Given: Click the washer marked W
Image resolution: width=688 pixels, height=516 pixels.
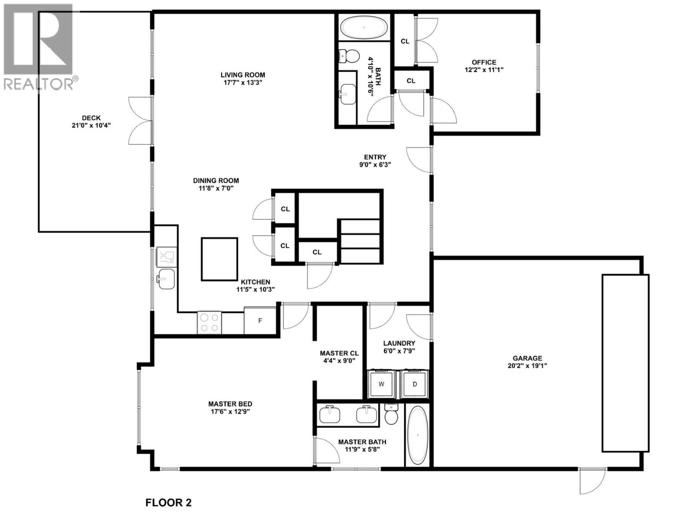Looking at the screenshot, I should coord(381,384).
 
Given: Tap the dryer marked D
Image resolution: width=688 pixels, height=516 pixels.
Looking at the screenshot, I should coord(415,384).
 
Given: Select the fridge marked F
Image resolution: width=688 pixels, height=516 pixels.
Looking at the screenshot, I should coord(260,321).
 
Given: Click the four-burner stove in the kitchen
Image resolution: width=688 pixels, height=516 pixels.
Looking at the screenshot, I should coord(209,322).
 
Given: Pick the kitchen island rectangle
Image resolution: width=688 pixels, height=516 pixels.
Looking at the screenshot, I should coord(219,259).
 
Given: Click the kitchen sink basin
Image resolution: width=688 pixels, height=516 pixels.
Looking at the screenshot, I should coord(166,279).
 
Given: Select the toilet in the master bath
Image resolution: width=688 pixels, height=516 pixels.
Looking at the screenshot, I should coord(391,415).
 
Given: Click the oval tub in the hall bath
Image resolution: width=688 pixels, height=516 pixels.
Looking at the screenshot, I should coord(364,28).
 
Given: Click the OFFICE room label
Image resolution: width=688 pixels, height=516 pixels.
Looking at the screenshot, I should coord(484,62).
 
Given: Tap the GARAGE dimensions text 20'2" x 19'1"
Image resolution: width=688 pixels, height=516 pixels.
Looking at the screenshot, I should coord(527,366).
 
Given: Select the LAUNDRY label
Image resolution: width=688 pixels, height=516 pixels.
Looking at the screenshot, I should coord(399,343).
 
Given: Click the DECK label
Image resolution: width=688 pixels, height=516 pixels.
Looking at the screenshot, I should coord(91,118).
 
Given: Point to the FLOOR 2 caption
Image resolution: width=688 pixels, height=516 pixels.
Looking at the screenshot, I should coord(168,502).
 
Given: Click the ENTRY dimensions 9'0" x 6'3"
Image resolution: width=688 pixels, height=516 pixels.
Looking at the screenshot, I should coord(375,164).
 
